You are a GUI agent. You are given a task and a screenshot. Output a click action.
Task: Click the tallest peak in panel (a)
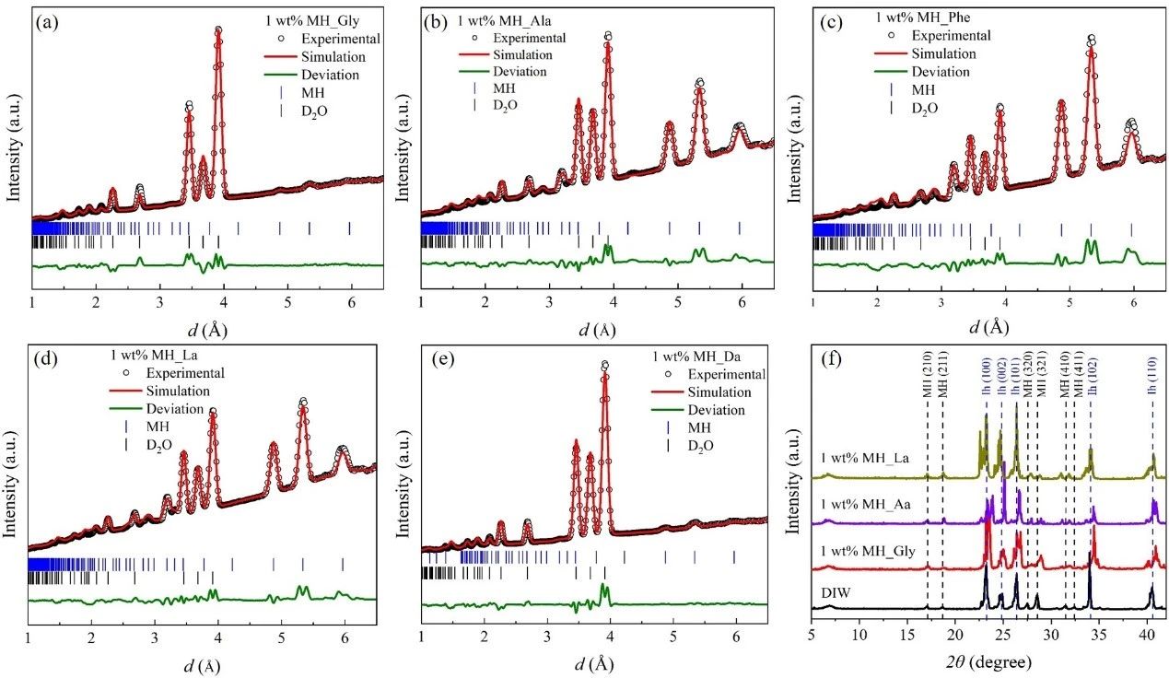218,31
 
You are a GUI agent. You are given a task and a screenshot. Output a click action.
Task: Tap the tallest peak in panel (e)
604,366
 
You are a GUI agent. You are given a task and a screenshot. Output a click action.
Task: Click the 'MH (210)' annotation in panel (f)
928,378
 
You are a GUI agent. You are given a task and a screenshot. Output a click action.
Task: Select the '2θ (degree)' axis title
988,660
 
